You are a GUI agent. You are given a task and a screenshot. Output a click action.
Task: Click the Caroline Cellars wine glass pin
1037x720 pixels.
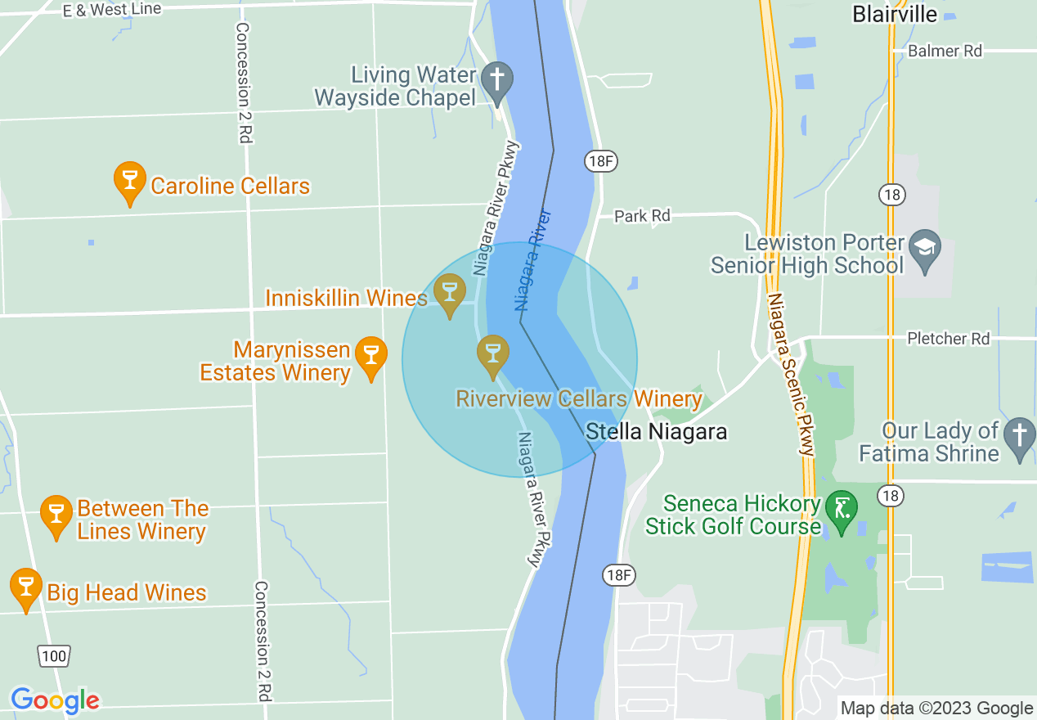point(129,182)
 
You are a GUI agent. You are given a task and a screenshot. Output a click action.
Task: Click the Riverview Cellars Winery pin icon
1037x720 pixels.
point(492,354)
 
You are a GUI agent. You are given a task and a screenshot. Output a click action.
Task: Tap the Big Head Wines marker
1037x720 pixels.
point(26,587)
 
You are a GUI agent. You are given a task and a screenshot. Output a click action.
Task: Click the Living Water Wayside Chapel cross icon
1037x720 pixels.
point(496,82)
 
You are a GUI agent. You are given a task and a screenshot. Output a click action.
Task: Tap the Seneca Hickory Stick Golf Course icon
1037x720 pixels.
point(842,509)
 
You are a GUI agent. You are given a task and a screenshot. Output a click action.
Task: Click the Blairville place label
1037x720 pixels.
point(895,14)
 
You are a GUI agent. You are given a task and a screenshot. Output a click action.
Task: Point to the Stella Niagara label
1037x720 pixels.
point(657,431)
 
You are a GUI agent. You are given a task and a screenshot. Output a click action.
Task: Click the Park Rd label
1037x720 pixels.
point(642,216)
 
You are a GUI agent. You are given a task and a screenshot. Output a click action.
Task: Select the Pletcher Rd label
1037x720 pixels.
point(948,338)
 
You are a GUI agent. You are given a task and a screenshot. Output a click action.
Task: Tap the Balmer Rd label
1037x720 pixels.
point(945,51)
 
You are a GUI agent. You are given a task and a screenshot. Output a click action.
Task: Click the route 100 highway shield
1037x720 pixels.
point(54,655)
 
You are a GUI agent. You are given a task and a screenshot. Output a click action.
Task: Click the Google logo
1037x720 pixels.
point(55,700)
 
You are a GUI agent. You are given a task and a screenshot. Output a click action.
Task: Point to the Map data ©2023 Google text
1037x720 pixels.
point(936,709)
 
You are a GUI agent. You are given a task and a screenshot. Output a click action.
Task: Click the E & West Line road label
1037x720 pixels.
point(112,10)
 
